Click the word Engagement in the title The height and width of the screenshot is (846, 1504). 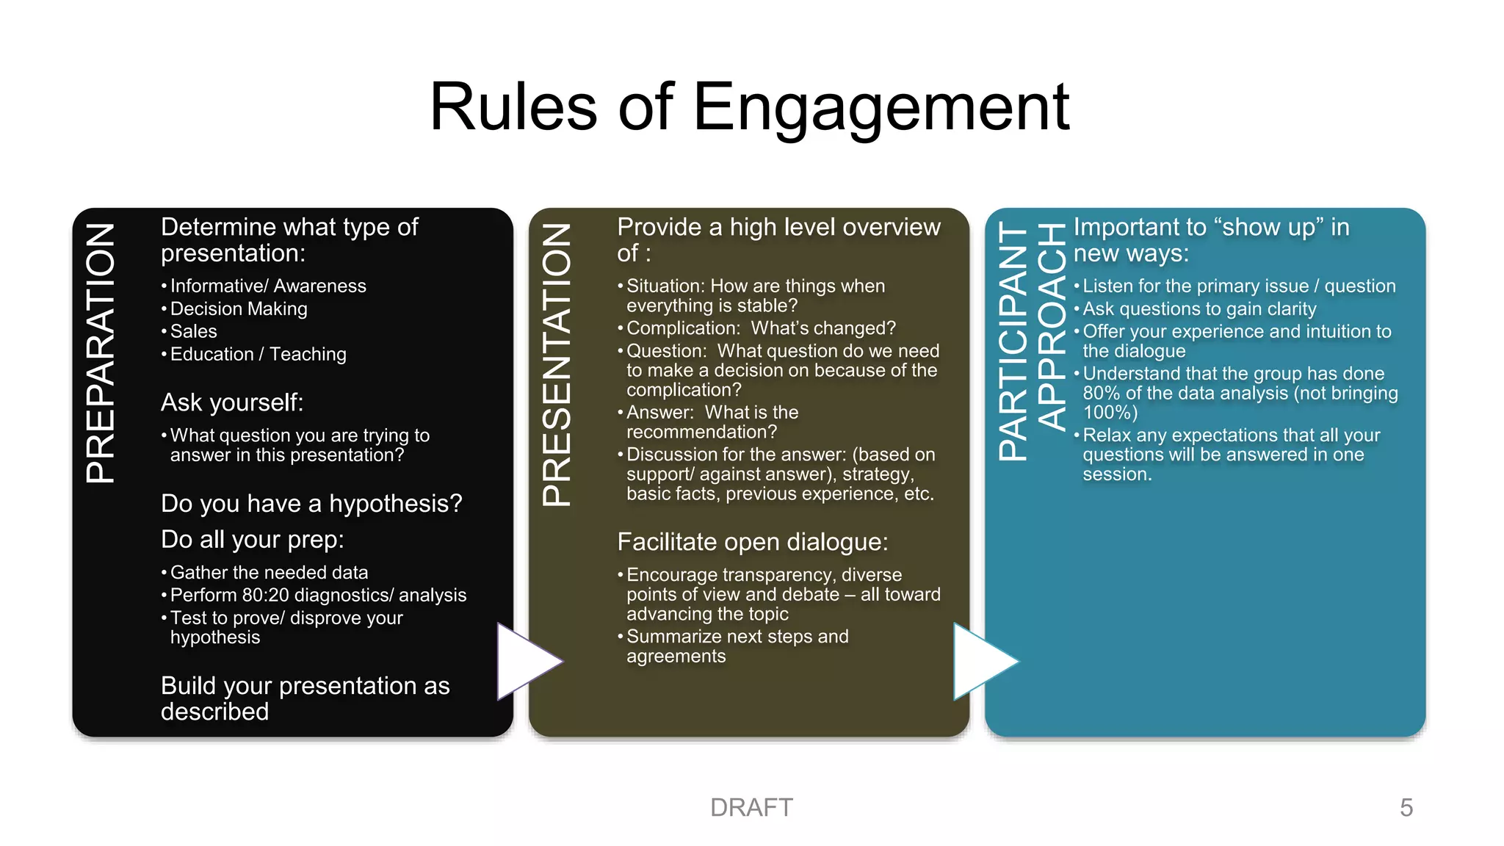tap(881, 108)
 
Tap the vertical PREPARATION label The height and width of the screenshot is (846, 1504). tap(101, 353)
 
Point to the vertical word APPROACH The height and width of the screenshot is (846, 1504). tap(1051, 326)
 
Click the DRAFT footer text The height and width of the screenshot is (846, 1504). tap(751, 808)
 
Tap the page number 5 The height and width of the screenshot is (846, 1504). tap(1406, 808)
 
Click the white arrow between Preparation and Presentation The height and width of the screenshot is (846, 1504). tap(525, 661)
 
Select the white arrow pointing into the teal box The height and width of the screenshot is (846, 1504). tap(981, 661)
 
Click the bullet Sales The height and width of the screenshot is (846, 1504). tap(193, 331)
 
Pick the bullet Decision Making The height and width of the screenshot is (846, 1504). tap(239, 308)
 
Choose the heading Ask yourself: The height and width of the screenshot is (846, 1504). tap(232, 402)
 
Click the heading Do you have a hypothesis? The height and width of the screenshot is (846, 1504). tap(311, 504)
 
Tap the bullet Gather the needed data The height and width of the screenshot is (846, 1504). tap(269, 572)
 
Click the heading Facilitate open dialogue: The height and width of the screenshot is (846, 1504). tap(753, 542)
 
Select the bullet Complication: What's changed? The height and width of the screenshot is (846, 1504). tap(761, 328)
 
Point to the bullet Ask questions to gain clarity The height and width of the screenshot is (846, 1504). tap(1199, 309)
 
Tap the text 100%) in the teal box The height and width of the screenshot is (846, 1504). tap(1110, 413)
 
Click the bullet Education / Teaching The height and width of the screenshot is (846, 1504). tap(258, 354)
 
